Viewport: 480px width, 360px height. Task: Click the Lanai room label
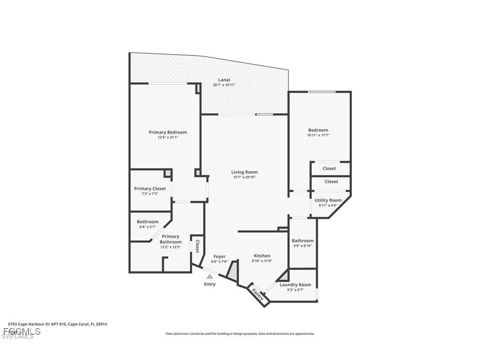click(224, 79)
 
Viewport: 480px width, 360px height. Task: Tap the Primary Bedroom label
click(168, 132)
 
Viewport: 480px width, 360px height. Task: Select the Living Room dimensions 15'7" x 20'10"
click(244, 177)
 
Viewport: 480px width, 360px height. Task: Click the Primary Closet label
click(150, 188)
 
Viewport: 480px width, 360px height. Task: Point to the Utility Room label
click(328, 200)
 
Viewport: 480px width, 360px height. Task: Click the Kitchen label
click(262, 255)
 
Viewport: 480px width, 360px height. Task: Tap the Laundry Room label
click(295, 285)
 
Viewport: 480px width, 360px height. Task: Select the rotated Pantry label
click(258, 294)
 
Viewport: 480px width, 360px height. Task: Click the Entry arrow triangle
click(210, 277)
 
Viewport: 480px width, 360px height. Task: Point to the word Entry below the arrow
click(210, 284)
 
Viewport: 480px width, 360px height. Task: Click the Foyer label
click(219, 256)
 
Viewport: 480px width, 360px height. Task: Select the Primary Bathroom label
click(171, 239)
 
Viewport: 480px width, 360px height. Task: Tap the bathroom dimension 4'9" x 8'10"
click(302, 246)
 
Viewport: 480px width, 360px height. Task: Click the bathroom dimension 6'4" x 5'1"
click(148, 227)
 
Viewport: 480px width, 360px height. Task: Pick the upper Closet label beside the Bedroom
click(330, 168)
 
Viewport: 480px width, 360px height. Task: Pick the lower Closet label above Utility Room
click(331, 181)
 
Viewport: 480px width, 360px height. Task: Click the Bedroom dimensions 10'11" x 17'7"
click(318, 135)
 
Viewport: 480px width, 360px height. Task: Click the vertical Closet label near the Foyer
click(197, 246)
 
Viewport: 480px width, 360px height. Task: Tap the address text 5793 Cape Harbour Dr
click(37, 323)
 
